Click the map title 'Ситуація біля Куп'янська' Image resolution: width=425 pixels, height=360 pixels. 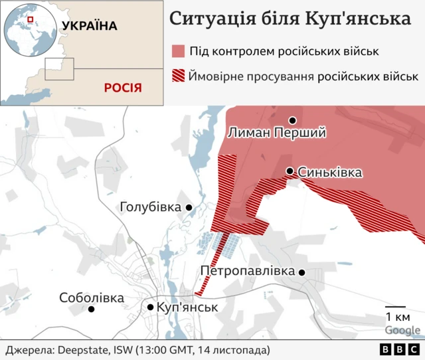(290, 18)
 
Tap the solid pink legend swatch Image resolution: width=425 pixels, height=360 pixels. (177, 51)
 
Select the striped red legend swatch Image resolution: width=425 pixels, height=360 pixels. (177, 76)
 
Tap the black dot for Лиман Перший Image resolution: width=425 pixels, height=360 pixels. (292, 120)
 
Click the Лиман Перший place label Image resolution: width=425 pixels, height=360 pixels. (276, 133)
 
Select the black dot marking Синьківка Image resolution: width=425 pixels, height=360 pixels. (290, 171)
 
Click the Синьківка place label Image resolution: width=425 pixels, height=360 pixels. (330, 173)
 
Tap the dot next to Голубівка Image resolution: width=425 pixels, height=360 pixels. (189, 208)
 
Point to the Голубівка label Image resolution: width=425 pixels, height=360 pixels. (150, 208)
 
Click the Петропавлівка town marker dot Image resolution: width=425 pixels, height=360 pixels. (302, 272)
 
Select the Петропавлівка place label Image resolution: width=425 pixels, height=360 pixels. (247, 272)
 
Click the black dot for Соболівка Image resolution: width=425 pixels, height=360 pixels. (92, 309)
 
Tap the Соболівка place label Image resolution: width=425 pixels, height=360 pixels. (92, 298)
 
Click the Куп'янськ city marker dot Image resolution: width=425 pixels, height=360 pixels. (151, 307)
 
